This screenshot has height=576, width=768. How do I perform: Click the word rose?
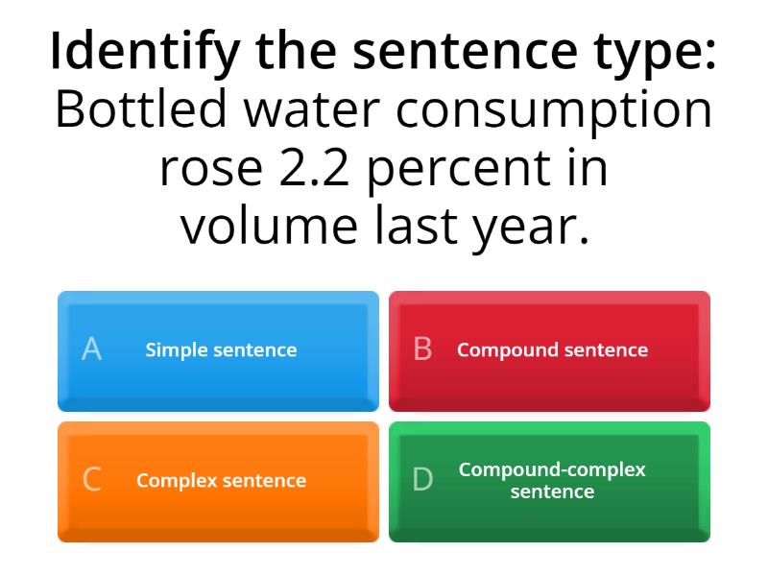pyautogui.click(x=205, y=169)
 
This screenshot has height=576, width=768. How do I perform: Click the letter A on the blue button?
pyautogui.click(x=91, y=349)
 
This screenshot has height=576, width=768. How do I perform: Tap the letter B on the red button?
pyautogui.click(x=422, y=349)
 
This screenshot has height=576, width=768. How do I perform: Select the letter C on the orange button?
pyautogui.click(x=91, y=480)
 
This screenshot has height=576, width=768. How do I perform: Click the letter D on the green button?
pyautogui.click(x=422, y=480)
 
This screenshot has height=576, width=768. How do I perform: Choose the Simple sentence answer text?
pyautogui.click(x=221, y=350)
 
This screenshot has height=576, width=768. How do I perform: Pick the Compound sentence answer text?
pyautogui.click(x=552, y=350)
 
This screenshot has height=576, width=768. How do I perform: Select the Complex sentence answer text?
pyautogui.click(x=221, y=481)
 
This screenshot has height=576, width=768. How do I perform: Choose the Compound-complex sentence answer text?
pyautogui.click(x=552, y=481)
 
